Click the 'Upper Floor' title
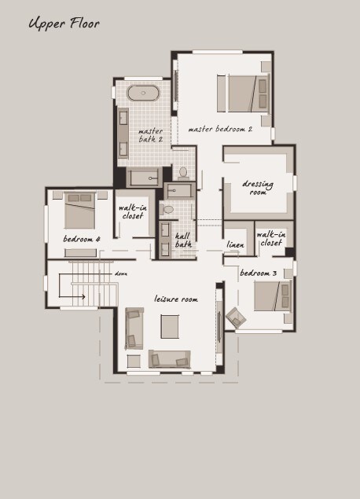coord(64,24)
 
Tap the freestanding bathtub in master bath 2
coord(143,93)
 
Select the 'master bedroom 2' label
coord(220,129)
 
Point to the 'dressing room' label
coord(258,188)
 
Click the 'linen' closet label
coord(236,244)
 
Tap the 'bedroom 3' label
coord(258,273)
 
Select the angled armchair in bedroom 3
coord(236,317)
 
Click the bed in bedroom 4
coord(79,211)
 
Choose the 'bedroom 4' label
coord(82,239)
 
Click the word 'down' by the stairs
coord(121,273)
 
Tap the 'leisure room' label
coord(176,299)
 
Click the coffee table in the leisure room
coord(170,327)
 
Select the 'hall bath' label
coord(184,240)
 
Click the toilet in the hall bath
coord(167,209)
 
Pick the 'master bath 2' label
coord(151,135)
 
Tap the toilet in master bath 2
coord(183,173)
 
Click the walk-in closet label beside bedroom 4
coord(133,211)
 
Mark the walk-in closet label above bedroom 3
coord(271,239)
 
